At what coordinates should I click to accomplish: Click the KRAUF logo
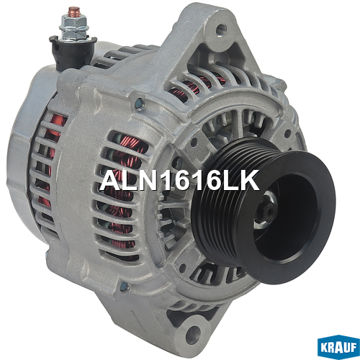[338, 347]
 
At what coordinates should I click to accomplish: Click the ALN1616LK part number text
[179, 180]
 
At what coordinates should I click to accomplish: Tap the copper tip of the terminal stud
[74, 12]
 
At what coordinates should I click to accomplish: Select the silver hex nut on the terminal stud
[74, 27]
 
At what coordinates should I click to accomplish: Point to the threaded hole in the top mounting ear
[221, 29]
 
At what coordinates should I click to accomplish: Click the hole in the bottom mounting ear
[193, 333]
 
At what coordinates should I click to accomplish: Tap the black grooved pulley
[264, 211]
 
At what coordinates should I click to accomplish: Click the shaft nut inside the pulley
[266, 210]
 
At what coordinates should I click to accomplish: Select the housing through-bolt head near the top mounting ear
[140, 104]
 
